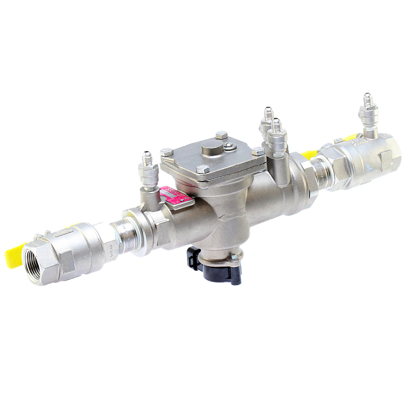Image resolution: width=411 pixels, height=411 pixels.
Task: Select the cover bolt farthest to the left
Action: tap(166, 152)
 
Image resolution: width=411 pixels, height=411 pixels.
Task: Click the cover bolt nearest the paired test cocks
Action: tap(258, 152)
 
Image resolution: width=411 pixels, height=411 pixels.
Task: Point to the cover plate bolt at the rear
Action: tap(221, 135)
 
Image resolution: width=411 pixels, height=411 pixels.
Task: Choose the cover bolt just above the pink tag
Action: tap(203, 169)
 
